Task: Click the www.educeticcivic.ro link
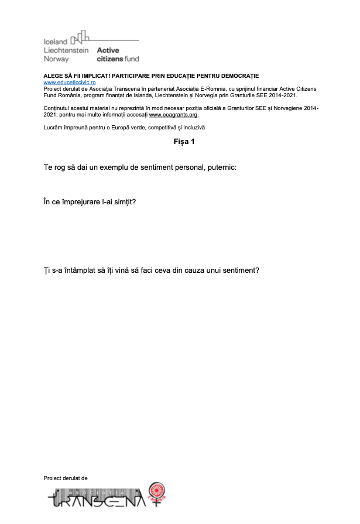pos(67,83)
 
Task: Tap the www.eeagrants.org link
pos(170,115)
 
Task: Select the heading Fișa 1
pos(184,142)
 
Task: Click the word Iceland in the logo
pos(56,42)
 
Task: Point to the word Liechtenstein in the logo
pos(66,50)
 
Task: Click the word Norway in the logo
pos(56,59)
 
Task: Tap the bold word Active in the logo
pos(108,50)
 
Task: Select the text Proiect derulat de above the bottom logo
pos(66,478)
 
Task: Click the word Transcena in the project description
pos(122,88)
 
